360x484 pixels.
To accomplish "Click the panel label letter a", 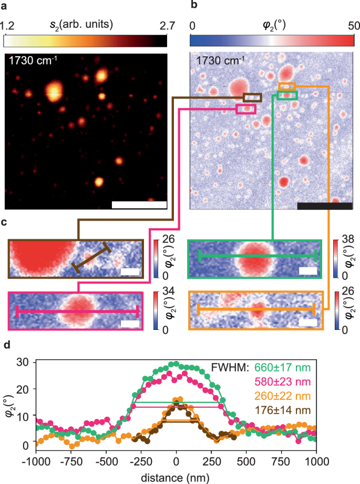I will pos(6,6).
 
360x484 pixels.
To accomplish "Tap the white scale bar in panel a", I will pos(139,205).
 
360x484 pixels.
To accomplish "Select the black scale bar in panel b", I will pos(324,206).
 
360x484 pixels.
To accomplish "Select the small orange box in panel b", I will pos(287,86).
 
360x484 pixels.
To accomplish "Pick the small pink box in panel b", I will pos(246,109).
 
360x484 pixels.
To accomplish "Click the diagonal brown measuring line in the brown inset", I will pos(92,258).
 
